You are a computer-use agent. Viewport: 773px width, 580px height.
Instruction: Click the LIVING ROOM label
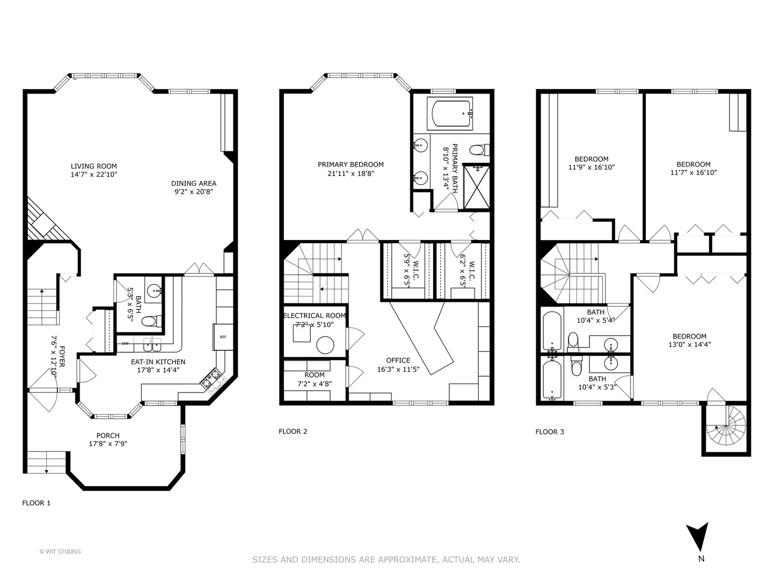[94, 166]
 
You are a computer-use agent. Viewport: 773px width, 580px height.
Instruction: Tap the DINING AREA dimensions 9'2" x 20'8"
[194, 191]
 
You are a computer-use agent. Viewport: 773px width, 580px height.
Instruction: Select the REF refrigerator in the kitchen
[223, 337]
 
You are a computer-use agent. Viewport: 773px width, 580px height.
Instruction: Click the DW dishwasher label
[125, 343]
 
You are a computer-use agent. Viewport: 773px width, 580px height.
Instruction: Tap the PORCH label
[108, 435]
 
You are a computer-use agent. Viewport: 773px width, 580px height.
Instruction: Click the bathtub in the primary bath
[450, 113]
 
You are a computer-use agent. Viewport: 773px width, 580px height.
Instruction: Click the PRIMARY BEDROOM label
[351, 164]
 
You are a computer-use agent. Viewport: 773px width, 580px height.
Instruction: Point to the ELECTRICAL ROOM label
[315, 316]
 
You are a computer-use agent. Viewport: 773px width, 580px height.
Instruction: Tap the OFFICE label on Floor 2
[398, 360]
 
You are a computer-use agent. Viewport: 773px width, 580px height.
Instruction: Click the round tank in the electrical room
[325, 344]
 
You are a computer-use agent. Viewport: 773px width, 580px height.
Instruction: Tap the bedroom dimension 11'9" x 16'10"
[592, 167]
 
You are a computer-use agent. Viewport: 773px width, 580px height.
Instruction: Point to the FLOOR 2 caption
[293, 431]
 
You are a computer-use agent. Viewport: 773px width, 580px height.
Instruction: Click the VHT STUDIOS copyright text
[60, 552]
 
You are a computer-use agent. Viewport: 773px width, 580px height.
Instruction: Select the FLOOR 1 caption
[36, 503]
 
